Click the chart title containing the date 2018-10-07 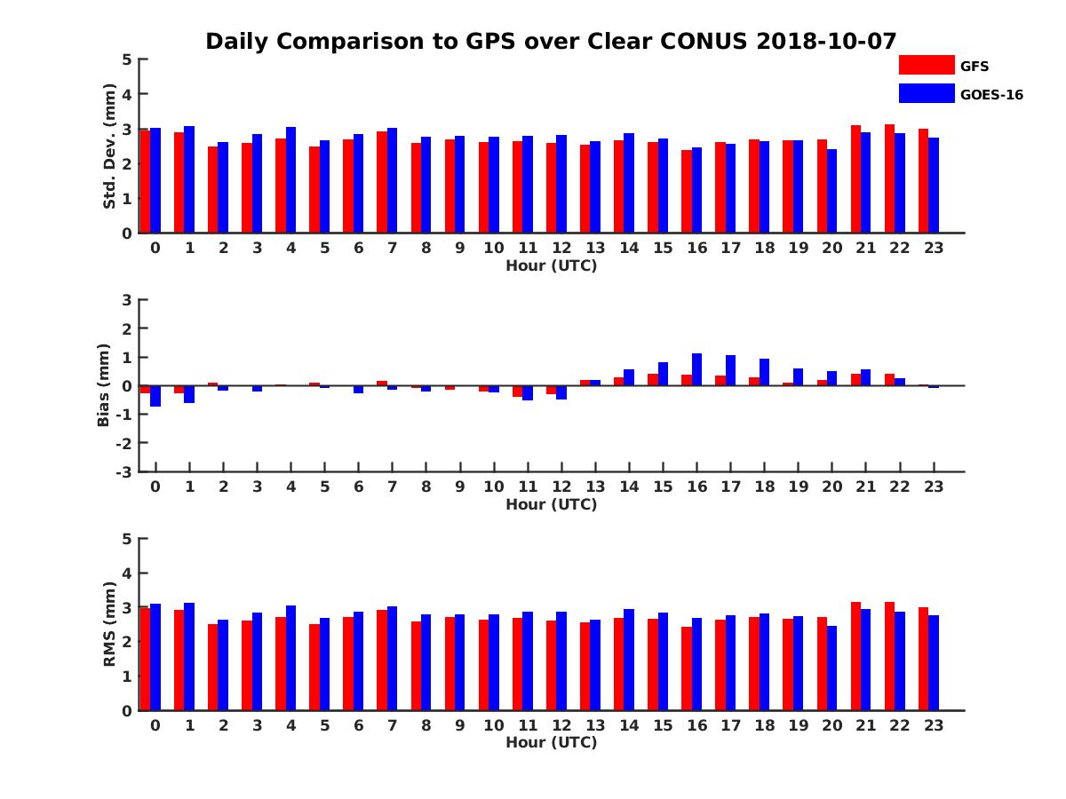[551, 42]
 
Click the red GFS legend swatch [926, 65]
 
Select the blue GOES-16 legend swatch [926, 93]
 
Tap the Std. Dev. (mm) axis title [109, 146]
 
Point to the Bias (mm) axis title [104, 385]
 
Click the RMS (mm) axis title [109, 624]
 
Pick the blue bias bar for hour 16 [697, 369]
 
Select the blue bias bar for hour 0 [155, 396]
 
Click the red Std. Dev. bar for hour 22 [889, 178]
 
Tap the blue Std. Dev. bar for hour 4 [290, 180]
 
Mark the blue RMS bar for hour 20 [831, 668]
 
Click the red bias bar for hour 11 [517, 391]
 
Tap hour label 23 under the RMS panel [933, 724]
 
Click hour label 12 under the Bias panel [561, 487]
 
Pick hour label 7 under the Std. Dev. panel [392, 248]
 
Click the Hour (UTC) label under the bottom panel [551, 742]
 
